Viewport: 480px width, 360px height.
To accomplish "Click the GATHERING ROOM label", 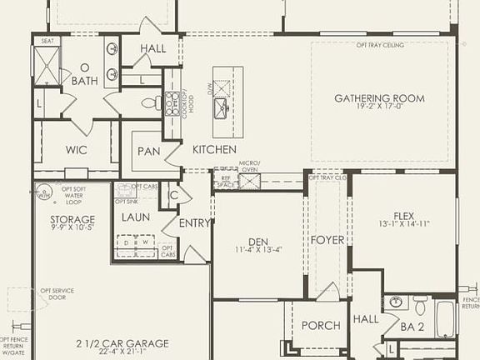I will [x=379, y=98].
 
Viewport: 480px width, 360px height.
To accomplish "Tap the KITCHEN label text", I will [x=216, y=149].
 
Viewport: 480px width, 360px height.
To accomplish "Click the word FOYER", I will [x=327, y=240].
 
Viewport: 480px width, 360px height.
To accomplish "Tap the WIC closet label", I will [x=76, y=151].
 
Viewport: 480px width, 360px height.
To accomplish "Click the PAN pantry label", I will [x=150, y=152].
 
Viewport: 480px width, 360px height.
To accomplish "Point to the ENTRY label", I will [x=194, y=223].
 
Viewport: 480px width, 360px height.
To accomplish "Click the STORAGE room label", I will [x=60, y=219].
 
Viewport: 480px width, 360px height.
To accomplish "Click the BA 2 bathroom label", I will [x=412, y=327].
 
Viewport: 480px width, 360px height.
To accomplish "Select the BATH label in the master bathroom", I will [x=84, y=81].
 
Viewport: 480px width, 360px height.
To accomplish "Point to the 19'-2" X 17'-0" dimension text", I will [x=379, y=108].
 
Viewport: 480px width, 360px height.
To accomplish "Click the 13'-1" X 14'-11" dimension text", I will [x=403, y=222].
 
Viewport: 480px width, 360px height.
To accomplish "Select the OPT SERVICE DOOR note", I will [x=57, y=296].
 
